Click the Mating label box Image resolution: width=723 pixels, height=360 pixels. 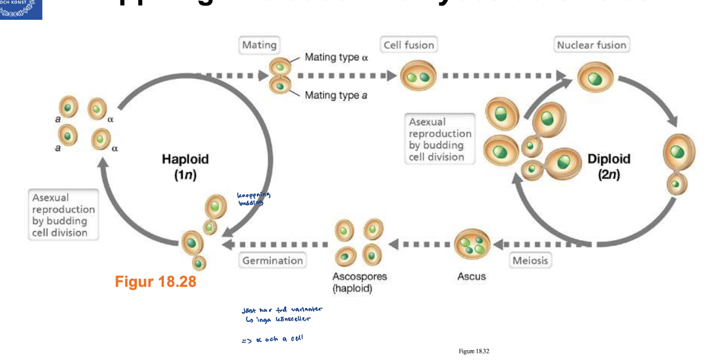259,45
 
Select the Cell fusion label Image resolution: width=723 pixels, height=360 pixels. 409,45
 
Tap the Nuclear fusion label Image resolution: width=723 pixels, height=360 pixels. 591,45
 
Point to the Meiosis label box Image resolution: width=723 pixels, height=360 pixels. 529,260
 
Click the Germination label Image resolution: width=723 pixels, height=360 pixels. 272,260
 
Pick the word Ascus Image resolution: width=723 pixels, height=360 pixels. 471,276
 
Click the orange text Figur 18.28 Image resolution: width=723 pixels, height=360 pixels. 155,282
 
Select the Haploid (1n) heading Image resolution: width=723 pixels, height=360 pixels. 185,166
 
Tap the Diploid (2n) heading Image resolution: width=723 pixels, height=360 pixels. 609,166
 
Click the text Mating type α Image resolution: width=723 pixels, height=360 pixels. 336,57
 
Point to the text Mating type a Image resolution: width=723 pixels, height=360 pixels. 336,95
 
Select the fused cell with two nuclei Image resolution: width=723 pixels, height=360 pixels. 418,76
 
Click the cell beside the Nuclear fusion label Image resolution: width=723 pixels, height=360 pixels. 595,77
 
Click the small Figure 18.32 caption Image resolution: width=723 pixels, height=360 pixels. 474,351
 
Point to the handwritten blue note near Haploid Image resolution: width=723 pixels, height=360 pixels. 254,199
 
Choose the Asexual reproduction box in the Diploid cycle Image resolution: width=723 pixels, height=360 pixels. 440,139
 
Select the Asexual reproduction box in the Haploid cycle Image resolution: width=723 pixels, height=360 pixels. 63,214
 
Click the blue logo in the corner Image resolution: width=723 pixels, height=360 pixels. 21,9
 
